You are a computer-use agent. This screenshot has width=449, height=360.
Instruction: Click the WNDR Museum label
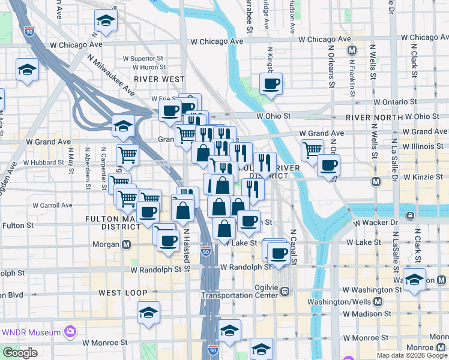coord(32,332)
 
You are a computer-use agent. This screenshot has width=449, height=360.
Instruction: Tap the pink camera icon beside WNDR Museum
coord(71,332)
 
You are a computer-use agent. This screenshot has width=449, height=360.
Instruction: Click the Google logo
coord(20,353)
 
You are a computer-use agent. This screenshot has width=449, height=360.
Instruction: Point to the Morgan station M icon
coord(127,244)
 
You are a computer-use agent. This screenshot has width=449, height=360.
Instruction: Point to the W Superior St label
coord(144,59)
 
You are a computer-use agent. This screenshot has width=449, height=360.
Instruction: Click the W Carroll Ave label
coord(53,205)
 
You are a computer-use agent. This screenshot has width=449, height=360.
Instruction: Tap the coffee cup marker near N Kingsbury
coord(271,83)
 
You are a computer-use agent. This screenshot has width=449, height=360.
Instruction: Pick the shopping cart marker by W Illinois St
coord(312,149)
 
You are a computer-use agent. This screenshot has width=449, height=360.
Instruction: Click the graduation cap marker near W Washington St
coord(414,280)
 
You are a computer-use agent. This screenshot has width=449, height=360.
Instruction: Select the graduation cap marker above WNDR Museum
coord(148,312)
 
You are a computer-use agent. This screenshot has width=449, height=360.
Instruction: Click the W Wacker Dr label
coord(376,223)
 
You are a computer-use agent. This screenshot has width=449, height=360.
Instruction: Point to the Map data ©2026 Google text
coord(412,355)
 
